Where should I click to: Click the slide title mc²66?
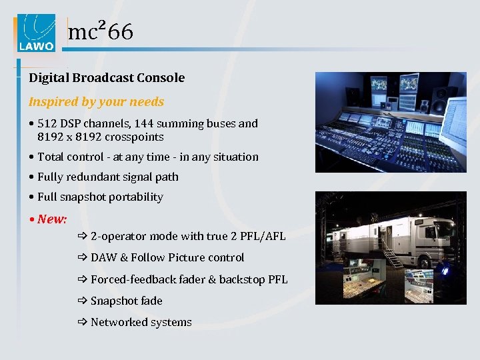pyautogui.click(x=101, y=31)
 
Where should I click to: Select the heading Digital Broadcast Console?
pyautogui.click(x=107, y=78)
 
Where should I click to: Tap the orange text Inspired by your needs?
pyautogui.click(x=96, y=102)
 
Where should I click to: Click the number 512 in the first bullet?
pyautogui.click(x=48, y=123)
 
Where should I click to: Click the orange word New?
pyautogui.click(x=52, y=219)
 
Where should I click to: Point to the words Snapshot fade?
pyautogui.click(x=127, y=301)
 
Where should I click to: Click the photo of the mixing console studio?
pyautogui.click(x=390, y=123)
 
